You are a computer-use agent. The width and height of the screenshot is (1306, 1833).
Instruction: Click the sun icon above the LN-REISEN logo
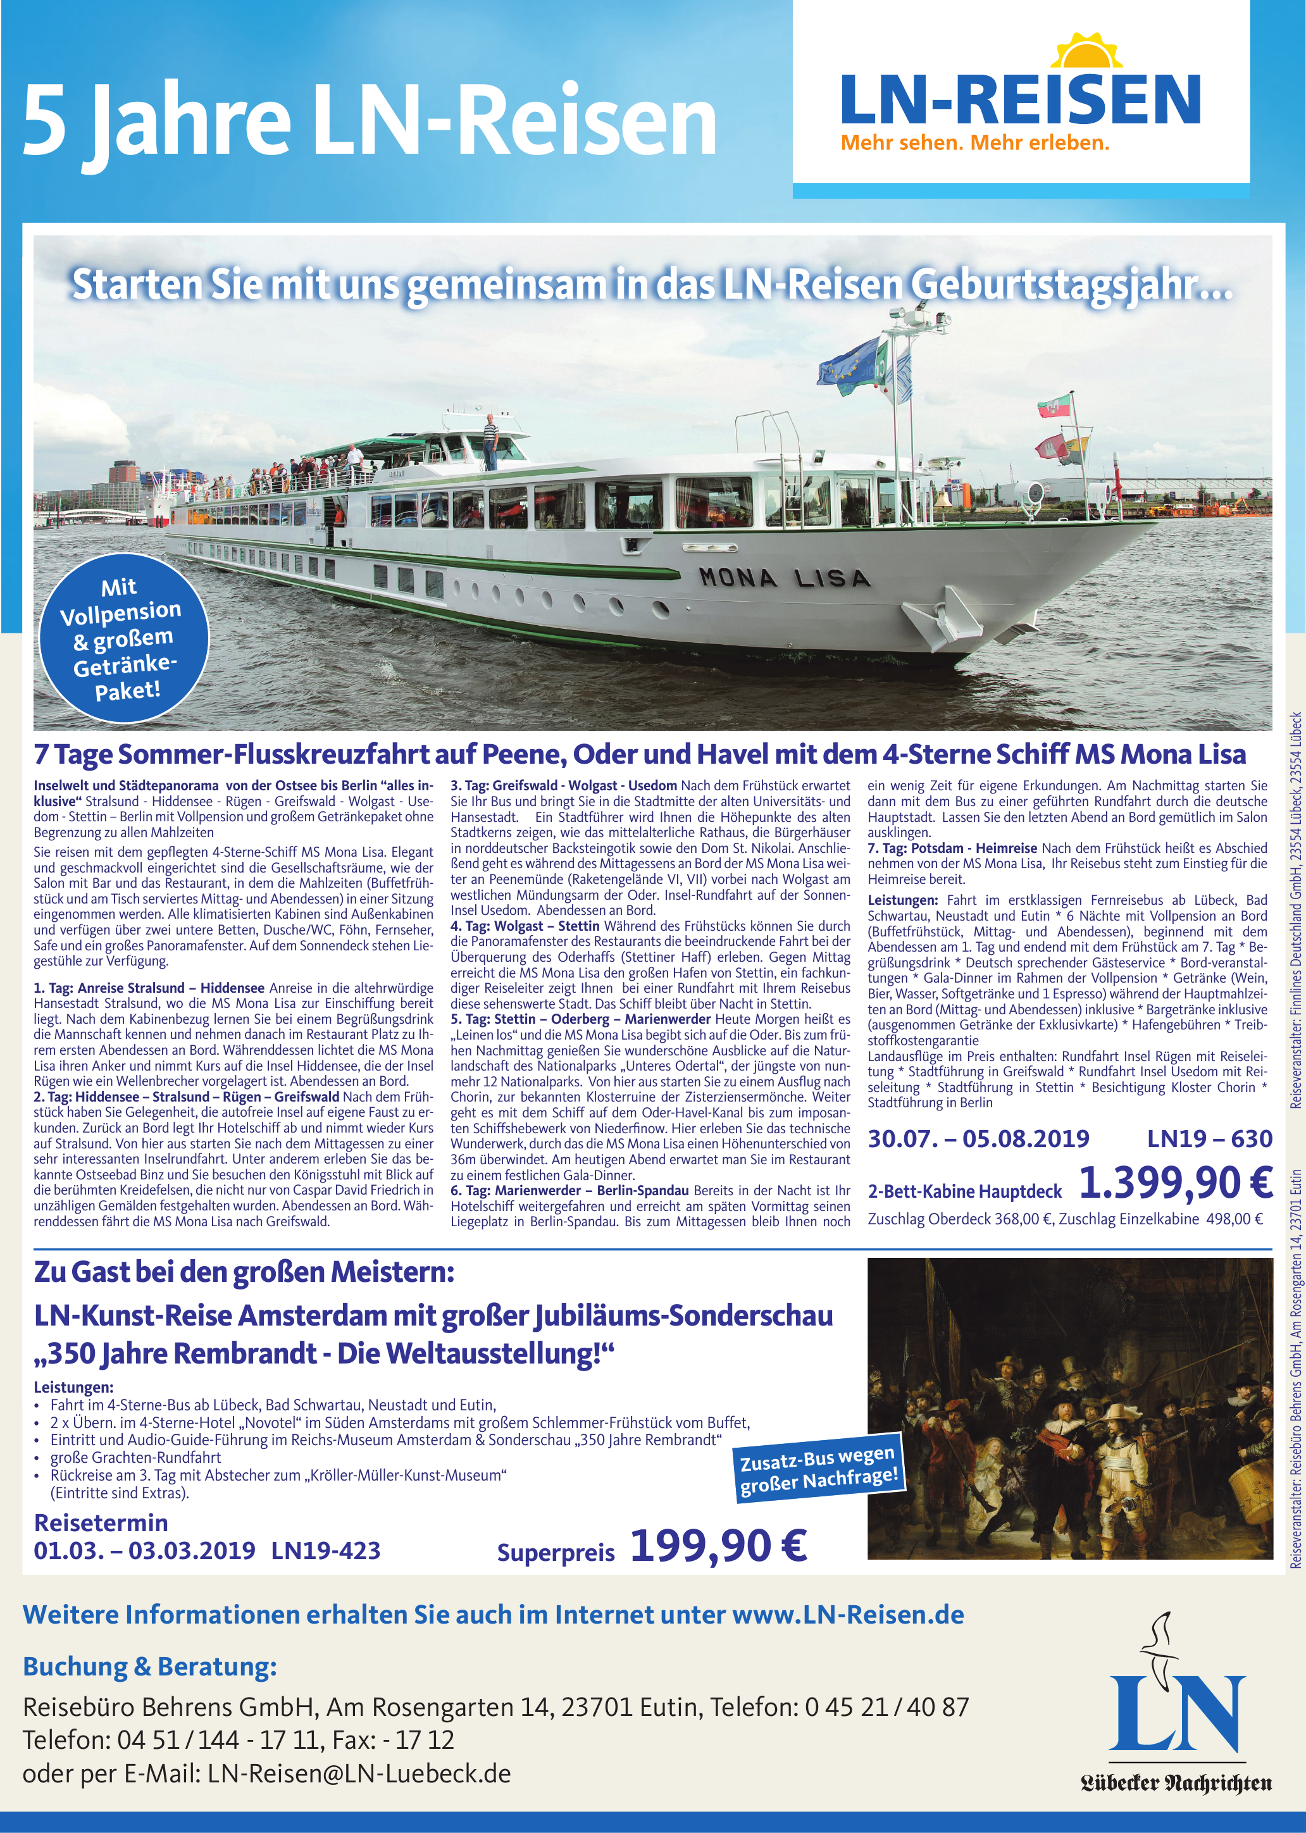pos(1086,51)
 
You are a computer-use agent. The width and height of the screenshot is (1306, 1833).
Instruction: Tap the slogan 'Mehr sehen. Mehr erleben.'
pos(974,143)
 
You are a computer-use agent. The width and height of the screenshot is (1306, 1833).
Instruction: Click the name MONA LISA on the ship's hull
pos(784,577)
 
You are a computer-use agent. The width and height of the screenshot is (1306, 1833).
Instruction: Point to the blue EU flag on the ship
pos(849,366)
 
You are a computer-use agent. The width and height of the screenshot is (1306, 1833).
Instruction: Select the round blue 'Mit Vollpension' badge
pos(124,638)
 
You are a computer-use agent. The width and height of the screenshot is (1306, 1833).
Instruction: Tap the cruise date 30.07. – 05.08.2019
pos(978,1138)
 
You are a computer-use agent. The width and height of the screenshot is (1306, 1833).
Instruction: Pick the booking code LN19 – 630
pos(1209,1138)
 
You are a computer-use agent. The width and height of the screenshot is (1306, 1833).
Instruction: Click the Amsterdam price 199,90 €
pos(718,1545)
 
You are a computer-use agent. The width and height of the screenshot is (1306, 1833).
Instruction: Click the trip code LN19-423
pos(326,1550)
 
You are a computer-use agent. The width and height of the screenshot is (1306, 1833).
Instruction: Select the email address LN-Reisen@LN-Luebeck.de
pos(359,1773)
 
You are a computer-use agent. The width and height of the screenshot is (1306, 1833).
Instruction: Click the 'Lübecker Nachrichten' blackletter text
pos(1176,1782)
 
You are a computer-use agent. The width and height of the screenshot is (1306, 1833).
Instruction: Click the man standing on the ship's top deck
pos(490,440)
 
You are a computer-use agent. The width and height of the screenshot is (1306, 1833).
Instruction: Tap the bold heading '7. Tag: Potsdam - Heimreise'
pos(952,848)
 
